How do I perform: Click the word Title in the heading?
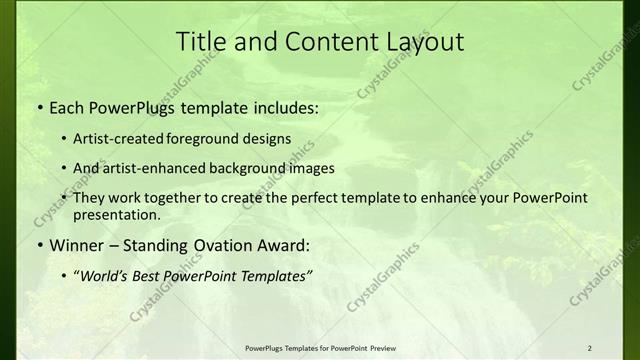(198, 42)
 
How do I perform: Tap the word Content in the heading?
(320, 42)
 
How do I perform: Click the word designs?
(273, 138)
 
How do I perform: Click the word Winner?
(71, 244)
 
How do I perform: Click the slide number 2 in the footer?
(589, 347)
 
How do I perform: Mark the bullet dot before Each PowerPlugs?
(38, 105)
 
